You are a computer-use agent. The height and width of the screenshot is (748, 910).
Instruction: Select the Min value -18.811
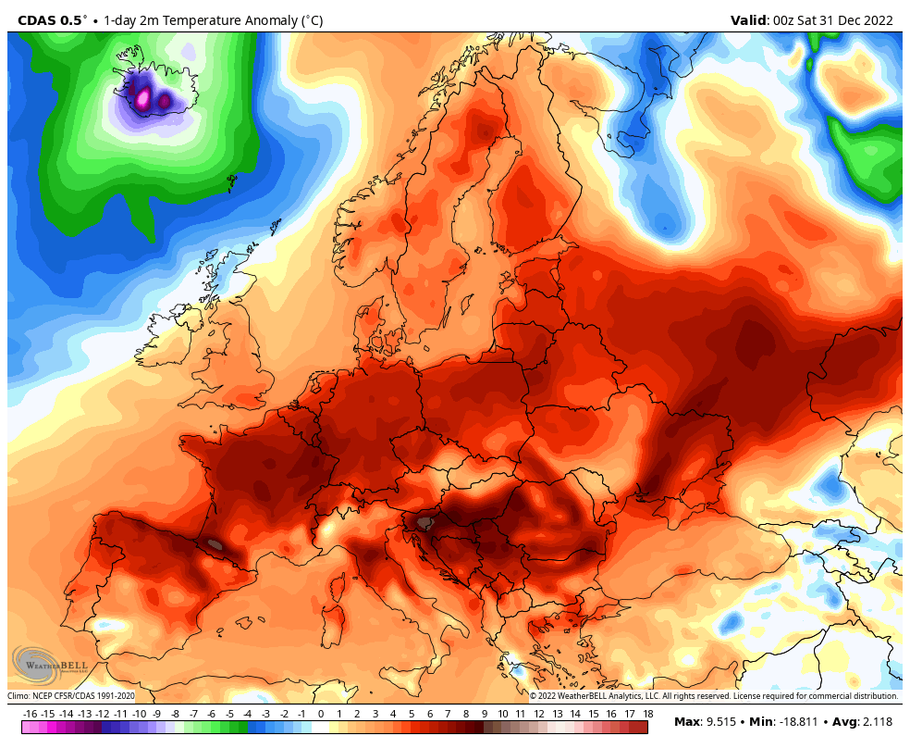(799, 722)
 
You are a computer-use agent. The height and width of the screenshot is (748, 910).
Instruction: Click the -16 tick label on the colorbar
(30, 714)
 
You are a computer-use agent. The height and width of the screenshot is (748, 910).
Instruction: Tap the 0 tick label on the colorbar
(321, 714)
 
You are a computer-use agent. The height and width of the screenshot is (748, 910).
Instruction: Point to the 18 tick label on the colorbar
(648, 714)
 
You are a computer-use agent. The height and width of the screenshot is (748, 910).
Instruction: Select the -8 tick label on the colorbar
(175, 714)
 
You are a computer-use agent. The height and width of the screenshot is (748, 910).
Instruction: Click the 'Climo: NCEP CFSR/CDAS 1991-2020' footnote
(72, 696)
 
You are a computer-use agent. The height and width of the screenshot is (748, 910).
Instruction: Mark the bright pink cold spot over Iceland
(143, 96)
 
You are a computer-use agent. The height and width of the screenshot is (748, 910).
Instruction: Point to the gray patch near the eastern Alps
(424, 523)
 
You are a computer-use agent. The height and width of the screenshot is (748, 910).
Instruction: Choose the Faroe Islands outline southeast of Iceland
(231, 183)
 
